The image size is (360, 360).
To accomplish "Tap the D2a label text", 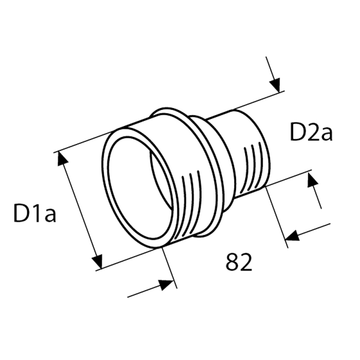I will pyautogui.click(x=311, y=133).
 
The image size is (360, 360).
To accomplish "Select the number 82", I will pyautogui.click(x=239, y=263).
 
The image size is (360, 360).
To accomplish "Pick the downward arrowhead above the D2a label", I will pyautogui.click(x=275, y=84).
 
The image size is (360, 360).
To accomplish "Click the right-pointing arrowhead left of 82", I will pyautogui.click(x=166, y=284).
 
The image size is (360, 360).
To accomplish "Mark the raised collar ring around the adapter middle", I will pyautogui.click(x=206, y=170).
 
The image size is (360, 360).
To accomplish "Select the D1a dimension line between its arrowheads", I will pyautogui.click(x=80, y=210).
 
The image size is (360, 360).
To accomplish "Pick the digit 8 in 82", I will pyautogui.click(x=232, y=263).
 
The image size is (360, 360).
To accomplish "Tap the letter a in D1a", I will pyautogui.click(x=49, y=215).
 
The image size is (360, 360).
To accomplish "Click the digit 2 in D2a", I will pyautogui.click(x=313, y=133).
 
